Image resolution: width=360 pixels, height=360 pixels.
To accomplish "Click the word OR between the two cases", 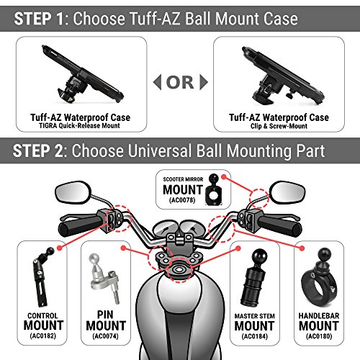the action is point(180,82).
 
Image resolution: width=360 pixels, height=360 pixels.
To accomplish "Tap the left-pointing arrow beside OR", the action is point(157,82).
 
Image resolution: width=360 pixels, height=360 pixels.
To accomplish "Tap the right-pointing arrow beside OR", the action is point(204,82).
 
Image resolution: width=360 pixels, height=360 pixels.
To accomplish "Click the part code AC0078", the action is point(182,200).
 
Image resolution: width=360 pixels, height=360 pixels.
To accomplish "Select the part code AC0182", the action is point(43,336).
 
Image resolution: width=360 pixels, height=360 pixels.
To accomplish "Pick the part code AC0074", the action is point(106,336).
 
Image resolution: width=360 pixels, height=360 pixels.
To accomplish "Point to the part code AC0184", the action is point(255,336).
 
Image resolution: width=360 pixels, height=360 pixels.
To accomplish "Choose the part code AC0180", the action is point(319,336).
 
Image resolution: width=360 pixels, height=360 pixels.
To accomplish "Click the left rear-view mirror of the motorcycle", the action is point(73,192).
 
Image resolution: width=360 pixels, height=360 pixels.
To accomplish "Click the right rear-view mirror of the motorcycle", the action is point(287,192).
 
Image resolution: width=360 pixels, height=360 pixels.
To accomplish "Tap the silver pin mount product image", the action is point(104,279).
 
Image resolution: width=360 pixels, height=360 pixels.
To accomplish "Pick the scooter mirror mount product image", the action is point(214,189).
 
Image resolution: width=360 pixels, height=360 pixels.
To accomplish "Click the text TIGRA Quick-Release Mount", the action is point(79,125).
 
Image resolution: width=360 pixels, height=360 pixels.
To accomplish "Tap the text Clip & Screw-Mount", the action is point(279,126).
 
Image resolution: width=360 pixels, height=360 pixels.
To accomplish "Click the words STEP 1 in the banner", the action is point(39,19).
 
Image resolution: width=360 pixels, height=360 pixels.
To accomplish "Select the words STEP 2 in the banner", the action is point(37,151).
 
